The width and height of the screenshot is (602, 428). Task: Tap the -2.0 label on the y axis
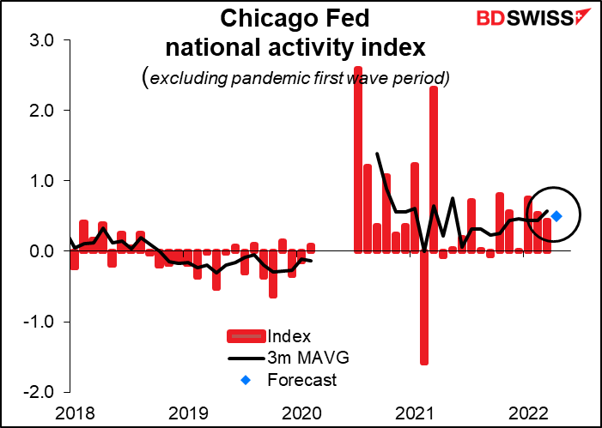40,392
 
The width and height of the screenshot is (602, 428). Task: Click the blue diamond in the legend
246,379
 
